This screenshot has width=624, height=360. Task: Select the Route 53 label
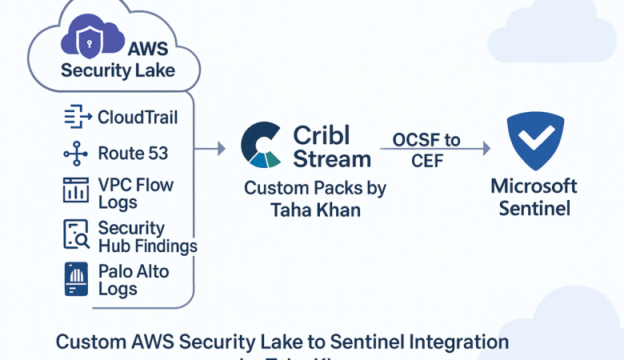pyautogui.click(x=132, y=152)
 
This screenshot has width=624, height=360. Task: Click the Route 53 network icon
pyautogui.click(x=76, y=153)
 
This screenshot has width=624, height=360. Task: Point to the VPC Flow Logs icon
pyautogui.click(x=76, y=190)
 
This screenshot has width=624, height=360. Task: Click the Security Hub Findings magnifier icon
pyautogui.click(x=76, y=234)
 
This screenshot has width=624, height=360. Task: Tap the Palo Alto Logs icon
pyautogui.click(x=76, y=279)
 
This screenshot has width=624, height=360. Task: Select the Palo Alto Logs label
pyautogui.click(x=134, y=279)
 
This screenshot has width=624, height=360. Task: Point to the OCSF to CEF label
pyautogui.click(x=426, y=150)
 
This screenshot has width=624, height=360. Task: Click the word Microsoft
pyautogui.click(x=534, y=186)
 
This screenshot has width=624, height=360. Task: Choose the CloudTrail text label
pyautogui.click(x=138, y=117)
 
